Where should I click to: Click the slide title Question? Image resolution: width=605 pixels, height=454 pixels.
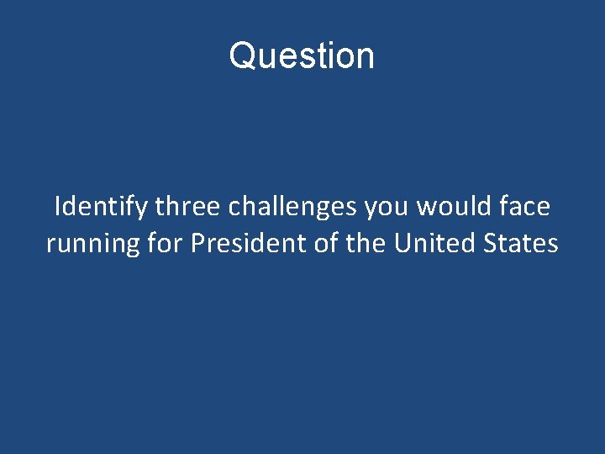(x=302, y=56)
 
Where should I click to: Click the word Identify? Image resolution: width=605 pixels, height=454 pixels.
(x=100, y=205)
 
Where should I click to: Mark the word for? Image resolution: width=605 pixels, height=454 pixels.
(x=165, y=243)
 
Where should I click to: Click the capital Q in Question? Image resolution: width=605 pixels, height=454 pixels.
(x=241, y=56)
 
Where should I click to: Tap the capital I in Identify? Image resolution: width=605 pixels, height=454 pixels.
(x=57, y=205)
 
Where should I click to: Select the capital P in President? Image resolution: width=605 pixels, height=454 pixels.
(x=197, y=243)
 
